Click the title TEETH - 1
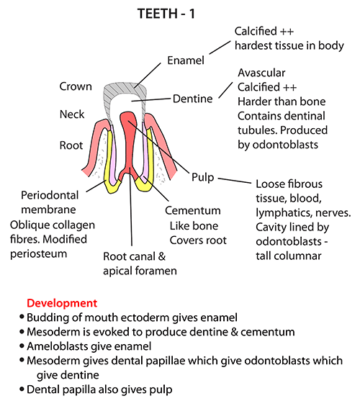166,13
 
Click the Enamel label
186,60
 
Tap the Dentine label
192,99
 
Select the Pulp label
203,177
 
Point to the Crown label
76,86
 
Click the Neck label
72,114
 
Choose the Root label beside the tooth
71,145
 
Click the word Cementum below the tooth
193,211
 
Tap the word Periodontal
50,196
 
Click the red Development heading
62,303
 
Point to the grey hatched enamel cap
125,89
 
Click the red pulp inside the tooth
129,143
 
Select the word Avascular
261,73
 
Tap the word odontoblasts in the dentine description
285,145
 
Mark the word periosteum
38,254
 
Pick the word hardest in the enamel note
251,45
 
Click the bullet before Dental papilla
22,389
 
